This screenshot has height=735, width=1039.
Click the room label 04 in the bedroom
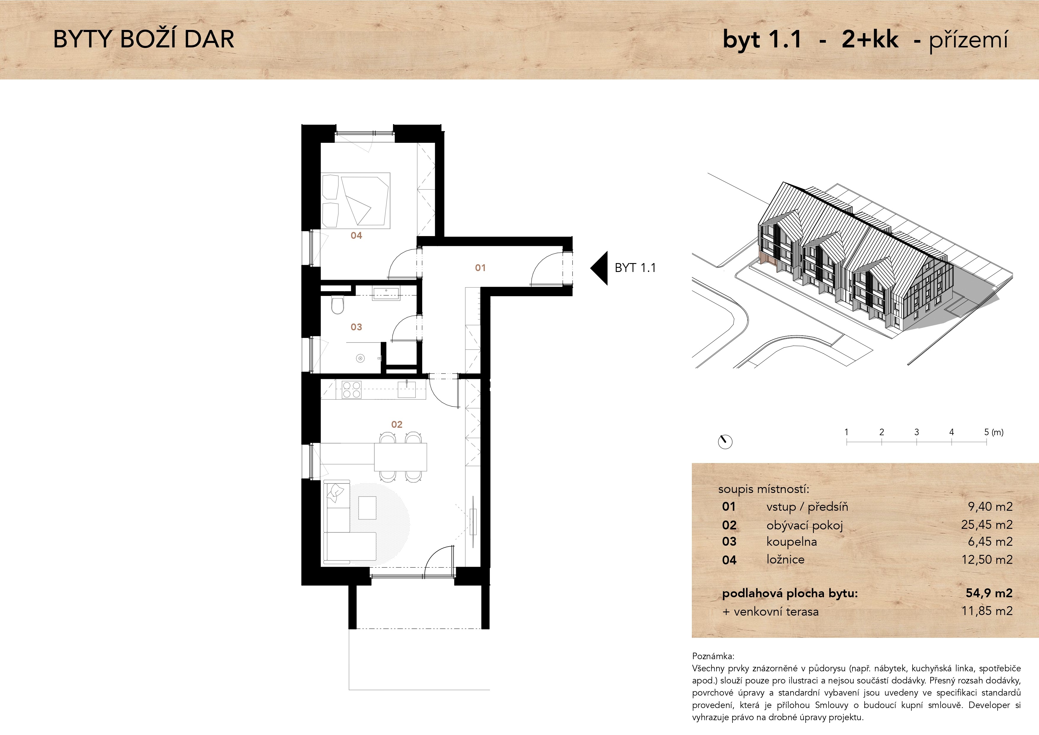[x=356, y=235]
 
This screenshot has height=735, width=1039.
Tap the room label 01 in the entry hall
[x=480, y=268]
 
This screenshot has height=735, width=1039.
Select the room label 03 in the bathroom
[x=356, y=327]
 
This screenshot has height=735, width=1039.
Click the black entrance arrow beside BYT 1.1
[x=599, y=268]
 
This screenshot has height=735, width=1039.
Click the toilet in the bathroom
[x=337, y=305]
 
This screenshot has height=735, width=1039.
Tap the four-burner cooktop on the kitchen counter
[x=352, y=390]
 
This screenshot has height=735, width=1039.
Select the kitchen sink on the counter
[x=406, y=389]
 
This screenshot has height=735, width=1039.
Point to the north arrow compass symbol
[x=725, y=441]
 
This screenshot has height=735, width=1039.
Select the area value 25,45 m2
[x=987, y=525]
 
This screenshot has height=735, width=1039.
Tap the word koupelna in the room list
[x=791, y=542]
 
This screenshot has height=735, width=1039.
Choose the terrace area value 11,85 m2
[x=987, y=611]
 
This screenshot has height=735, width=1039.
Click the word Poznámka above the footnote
[x=713, y=656]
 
